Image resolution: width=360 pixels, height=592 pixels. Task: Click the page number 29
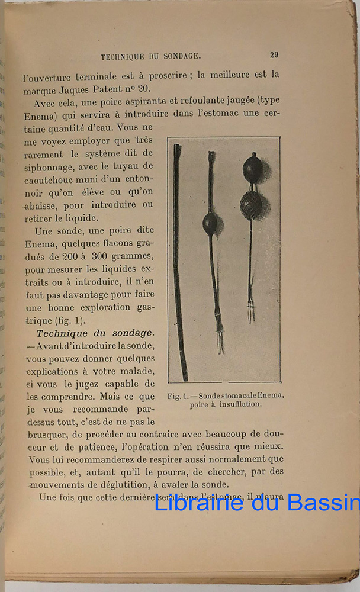coord(274,55)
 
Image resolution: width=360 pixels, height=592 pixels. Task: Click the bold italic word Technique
coord(65,333)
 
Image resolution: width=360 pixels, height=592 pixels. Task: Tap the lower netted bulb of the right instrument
coord(252,205)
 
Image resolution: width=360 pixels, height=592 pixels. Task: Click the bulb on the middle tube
coord(210,223)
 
